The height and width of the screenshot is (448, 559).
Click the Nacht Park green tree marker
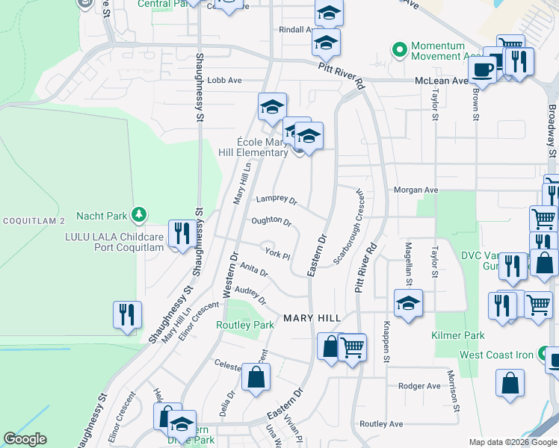138,216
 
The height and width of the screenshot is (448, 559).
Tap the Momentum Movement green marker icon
400,51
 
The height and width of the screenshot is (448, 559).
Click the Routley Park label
245,325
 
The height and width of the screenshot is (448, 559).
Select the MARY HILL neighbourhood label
312,319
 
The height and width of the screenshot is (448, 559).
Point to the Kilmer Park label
457,335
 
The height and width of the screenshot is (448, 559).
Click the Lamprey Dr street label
277,200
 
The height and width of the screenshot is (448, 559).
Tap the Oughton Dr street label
271,221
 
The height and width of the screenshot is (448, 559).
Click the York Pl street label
277,254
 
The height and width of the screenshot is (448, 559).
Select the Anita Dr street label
254,271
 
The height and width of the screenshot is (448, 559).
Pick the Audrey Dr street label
250,295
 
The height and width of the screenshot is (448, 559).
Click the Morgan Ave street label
416,190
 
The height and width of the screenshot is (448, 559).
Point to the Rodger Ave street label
419,386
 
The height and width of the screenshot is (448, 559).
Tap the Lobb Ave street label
224,80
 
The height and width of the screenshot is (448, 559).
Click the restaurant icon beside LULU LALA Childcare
180,234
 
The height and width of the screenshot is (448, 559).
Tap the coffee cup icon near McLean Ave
482,69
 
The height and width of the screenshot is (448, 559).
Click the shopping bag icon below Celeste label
256,377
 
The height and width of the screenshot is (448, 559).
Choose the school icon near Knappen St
408,304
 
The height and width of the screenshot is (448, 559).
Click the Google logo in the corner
25,439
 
